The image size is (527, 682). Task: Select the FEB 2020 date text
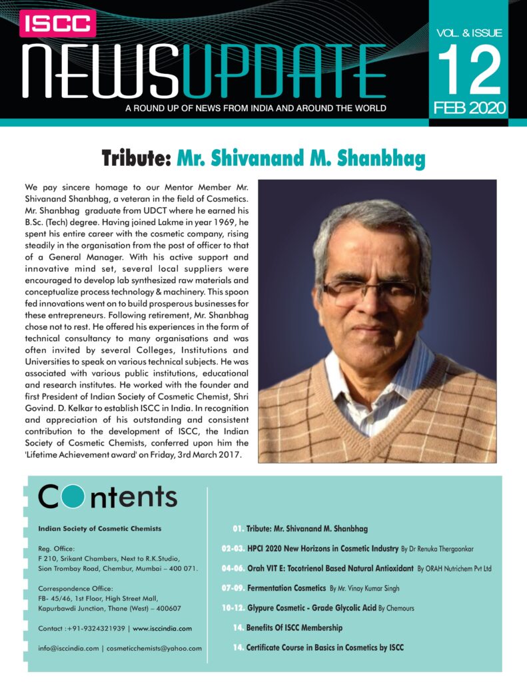pyautogui.click(x=469, y=107)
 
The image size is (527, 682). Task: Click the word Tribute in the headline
pyautogui.click(x=136, y=160)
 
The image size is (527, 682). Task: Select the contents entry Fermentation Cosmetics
pyautogui.click(x=286, y=589)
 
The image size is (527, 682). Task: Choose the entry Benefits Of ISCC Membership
pyautogui.click(x=294, y=627)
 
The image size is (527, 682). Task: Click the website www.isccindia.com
pyautogui.click(x=163, y=628)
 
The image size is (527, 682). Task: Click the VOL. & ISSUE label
pyautogui.click(x=468, y=33)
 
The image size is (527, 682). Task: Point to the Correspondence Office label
pyautogui.click(x=75, y=588)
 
